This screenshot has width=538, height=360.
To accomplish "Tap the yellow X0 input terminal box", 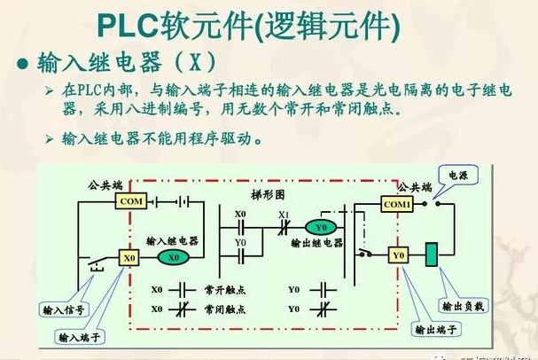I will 130,257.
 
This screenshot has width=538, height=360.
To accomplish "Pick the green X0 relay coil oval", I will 175,257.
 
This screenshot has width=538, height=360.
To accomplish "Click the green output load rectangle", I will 433,254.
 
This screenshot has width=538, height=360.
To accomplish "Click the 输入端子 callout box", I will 80,338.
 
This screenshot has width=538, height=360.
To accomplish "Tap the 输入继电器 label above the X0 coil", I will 173,240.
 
